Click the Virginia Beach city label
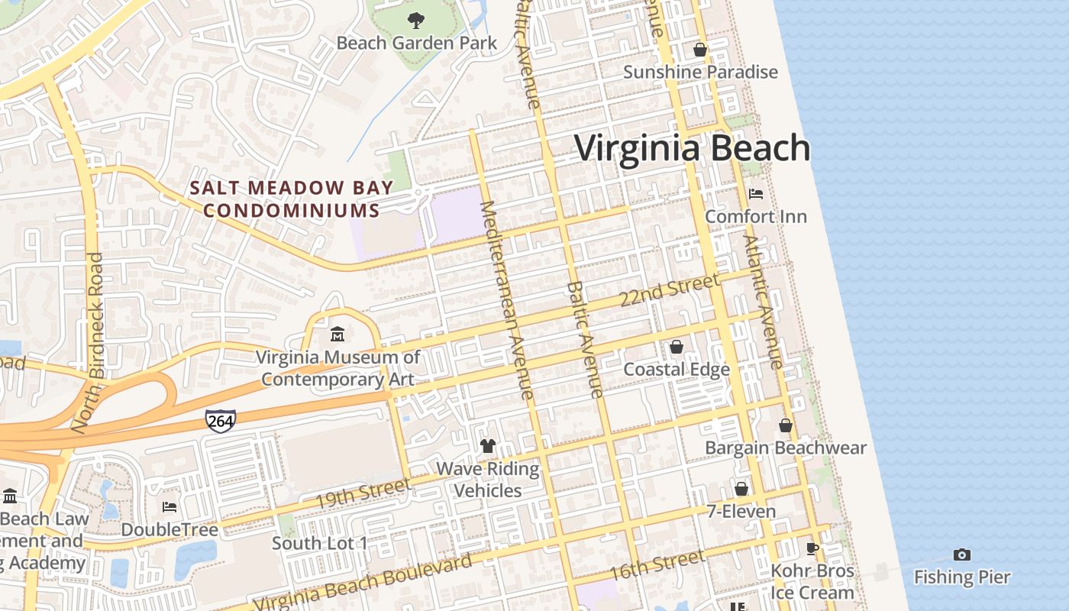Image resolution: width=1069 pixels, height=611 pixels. (692, 147)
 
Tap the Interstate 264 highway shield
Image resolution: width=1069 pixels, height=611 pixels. (220, 420)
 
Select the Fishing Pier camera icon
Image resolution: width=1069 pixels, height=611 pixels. (962, 554)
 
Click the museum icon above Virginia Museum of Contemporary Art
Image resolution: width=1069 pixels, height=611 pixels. (337, 335)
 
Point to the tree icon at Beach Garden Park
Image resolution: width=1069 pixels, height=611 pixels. (416, 21)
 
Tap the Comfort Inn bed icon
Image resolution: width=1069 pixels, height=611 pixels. (756, 194)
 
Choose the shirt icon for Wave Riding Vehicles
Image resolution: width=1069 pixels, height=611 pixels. (488, 446)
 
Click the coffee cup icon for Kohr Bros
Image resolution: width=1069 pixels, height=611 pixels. (812, 548)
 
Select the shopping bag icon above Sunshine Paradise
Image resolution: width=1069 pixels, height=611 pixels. (700, 50)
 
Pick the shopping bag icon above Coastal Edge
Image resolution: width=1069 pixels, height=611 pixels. (677, 348)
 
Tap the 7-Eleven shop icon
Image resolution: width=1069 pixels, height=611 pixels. (741, 489)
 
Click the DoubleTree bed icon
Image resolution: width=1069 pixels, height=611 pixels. (170, 507)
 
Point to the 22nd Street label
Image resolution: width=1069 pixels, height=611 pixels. (669, 291)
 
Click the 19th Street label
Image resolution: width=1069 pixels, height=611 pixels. (363, 492)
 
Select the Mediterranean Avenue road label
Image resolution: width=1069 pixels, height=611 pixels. (506, 300)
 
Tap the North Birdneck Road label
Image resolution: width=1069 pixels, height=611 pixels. (88, 343)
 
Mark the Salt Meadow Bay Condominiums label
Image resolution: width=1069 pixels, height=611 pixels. (292, 199)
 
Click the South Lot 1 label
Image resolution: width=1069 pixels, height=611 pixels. (320, 543)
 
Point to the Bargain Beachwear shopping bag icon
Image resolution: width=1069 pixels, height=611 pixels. (786, 425)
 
